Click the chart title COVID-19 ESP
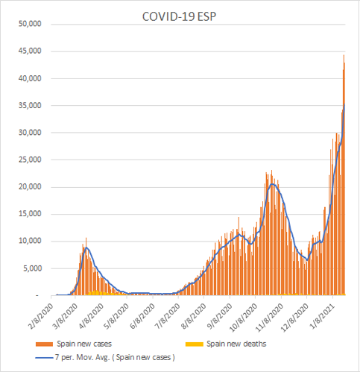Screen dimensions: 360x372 pos(179,16)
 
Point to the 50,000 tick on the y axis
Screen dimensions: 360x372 pos(30,24)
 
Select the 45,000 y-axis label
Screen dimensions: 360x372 pos(30,51)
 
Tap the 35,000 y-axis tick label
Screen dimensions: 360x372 pos(30,106)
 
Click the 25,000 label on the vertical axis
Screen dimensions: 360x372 pos(30,160)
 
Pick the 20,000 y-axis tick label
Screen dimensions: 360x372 pos(30,187)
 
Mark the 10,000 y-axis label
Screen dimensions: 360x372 pos(30,241)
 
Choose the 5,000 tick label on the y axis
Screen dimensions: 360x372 pos(32,268)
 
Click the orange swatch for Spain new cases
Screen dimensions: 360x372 pos(44,344)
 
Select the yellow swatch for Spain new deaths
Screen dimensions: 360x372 pos(195,344)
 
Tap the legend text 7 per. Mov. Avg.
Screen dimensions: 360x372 pos(83,357)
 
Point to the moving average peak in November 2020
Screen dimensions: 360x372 pos(272,184)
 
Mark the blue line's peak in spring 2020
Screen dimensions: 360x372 pos(86,248)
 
